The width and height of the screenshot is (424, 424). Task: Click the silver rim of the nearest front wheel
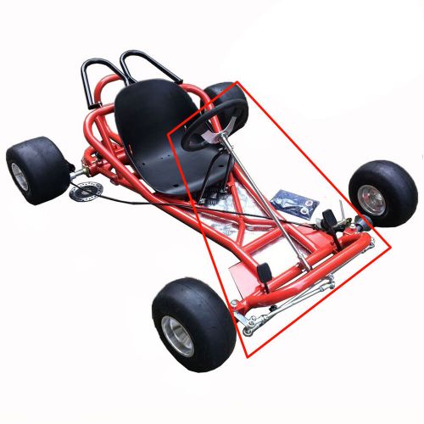[179, 336]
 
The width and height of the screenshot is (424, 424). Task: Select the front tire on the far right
[382, 193]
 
